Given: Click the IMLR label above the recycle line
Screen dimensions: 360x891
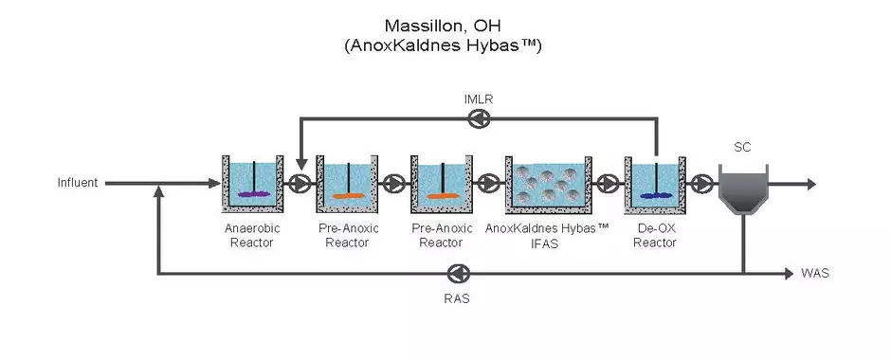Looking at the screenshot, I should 480,99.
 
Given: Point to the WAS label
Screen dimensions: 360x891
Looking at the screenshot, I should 814,274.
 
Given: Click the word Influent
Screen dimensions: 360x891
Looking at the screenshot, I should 78,184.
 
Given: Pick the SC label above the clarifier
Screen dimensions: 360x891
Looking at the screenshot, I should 742,147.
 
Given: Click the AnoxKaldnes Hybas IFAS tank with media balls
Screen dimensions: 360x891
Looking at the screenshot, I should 547,184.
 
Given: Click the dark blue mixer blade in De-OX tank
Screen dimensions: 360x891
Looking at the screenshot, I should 655,196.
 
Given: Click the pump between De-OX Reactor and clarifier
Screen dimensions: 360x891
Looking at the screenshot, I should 701,184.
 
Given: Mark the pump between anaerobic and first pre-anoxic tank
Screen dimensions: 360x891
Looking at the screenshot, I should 300,184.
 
